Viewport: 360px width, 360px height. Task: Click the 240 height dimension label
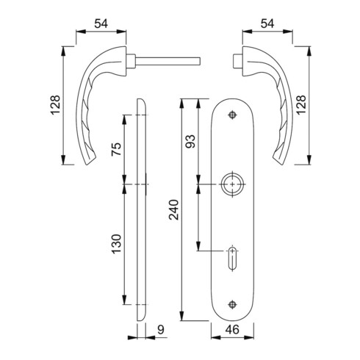click(174, 209)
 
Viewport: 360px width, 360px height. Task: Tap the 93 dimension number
click(190, 141)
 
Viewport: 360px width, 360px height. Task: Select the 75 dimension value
click(116, 149)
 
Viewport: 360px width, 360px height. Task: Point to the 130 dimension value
click(116, 244)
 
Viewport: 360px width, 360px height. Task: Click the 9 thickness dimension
click(161, 330)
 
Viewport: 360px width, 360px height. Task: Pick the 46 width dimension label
click(232, 330)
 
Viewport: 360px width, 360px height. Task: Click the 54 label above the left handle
click(101, 24)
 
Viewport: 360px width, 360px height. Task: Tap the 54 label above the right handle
click(267, 24)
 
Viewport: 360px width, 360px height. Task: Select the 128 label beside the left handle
click(55, 105)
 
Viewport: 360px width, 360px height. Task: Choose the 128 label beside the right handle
click(301, 104)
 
